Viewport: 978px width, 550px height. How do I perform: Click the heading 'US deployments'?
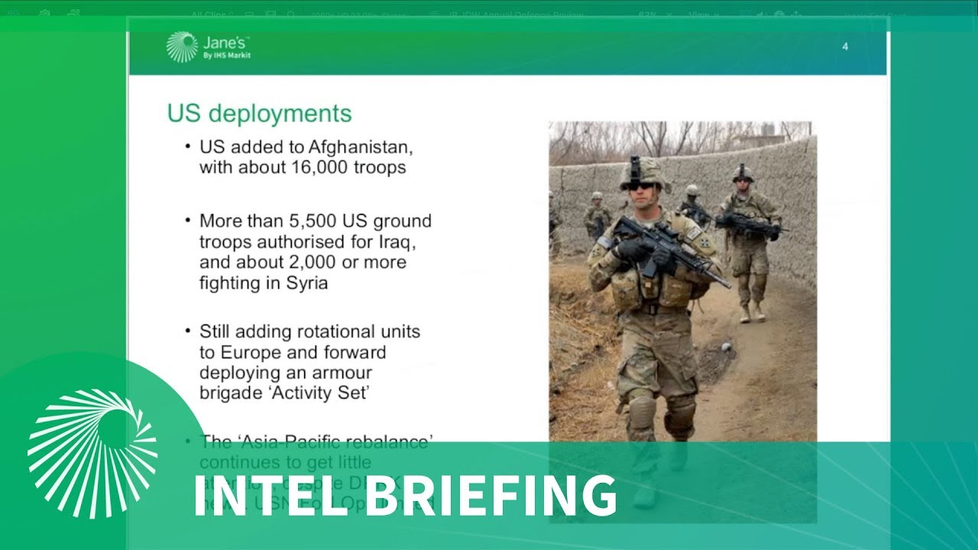(260, 113)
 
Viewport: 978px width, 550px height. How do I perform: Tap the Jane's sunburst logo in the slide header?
(182, 47)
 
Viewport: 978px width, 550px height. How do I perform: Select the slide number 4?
(845, 47)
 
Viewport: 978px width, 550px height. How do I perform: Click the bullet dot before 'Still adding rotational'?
(188, 332)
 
